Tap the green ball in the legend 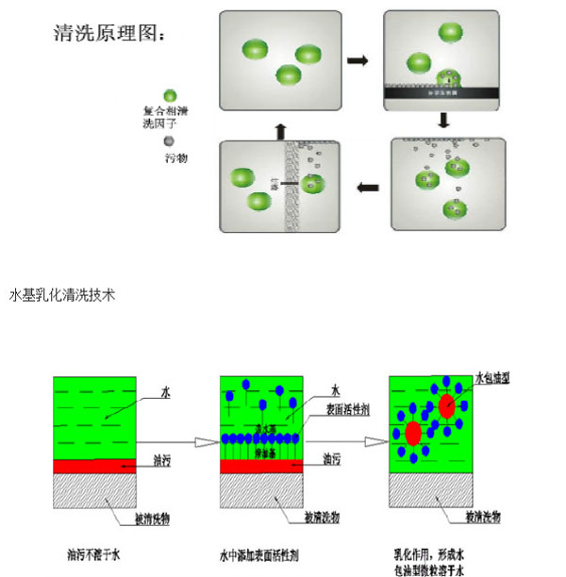pyautogui.click(x=170, y=95)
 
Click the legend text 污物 pyautogui.click(x=175, y=158)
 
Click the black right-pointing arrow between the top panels pyautogui.click(x=357, y=60)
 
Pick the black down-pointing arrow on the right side pyautogui.click(x=443, y=120)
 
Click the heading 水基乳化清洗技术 pyautogui.click(x=61, y=295)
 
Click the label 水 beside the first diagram pyautogui.click(x=165, y=389)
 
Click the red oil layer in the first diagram pyautogui.click(x=95, y=466)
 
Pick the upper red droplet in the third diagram pyautogui.click(x=447, y=405)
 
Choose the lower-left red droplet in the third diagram pyautogui.click(x=413, y=434)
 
